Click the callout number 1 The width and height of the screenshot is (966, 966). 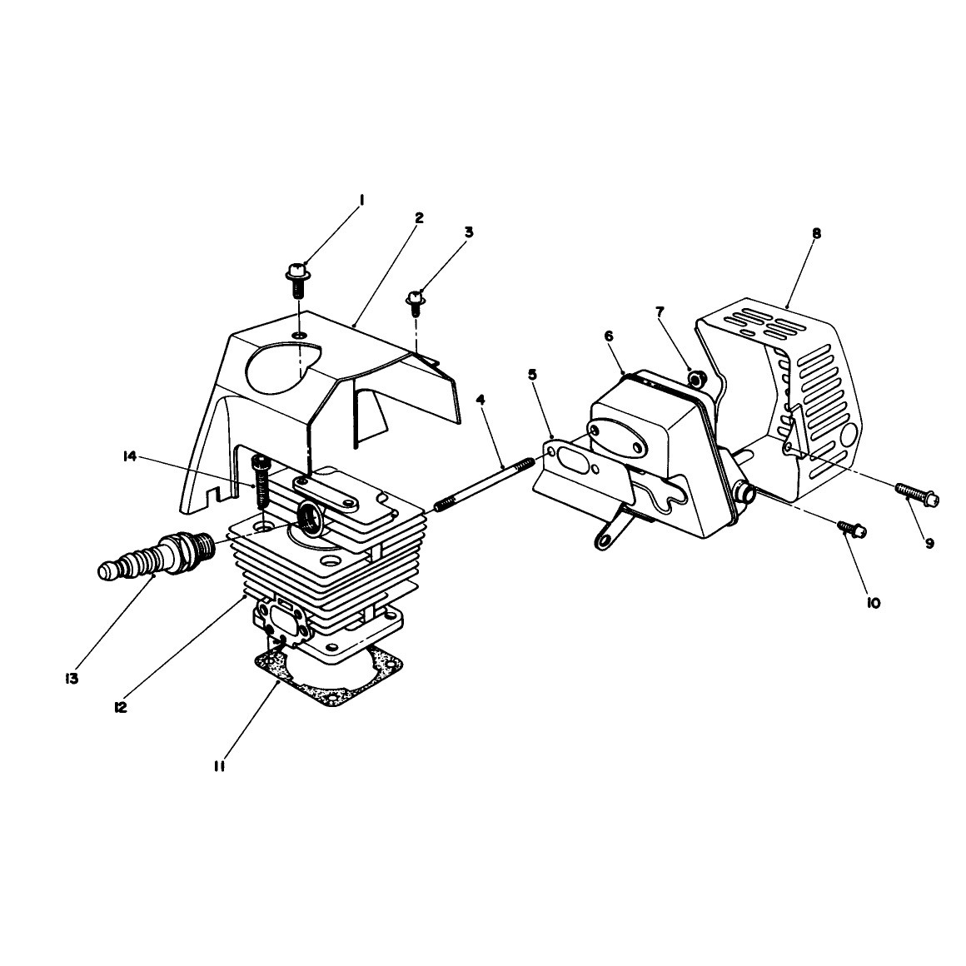tap(362, 200)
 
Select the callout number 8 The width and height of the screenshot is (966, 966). tap(816, 233)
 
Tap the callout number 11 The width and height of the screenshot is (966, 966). tap(219, 766)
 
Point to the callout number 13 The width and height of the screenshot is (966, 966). tap(72, 679)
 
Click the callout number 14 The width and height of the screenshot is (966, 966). tap(129, 456)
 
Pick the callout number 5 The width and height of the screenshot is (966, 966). tap(532, 375)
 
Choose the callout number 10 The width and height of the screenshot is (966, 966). tap(873, 603)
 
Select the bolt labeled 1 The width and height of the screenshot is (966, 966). tap(298, 280)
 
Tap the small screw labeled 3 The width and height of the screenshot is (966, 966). tap(415, 304)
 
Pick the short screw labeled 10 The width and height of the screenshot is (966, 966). tap(852, 529)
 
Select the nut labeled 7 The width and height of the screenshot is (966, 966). tap(697, 377)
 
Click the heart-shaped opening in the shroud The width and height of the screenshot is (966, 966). tap(283, 367)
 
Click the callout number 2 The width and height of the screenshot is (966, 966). tap(419, 217)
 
